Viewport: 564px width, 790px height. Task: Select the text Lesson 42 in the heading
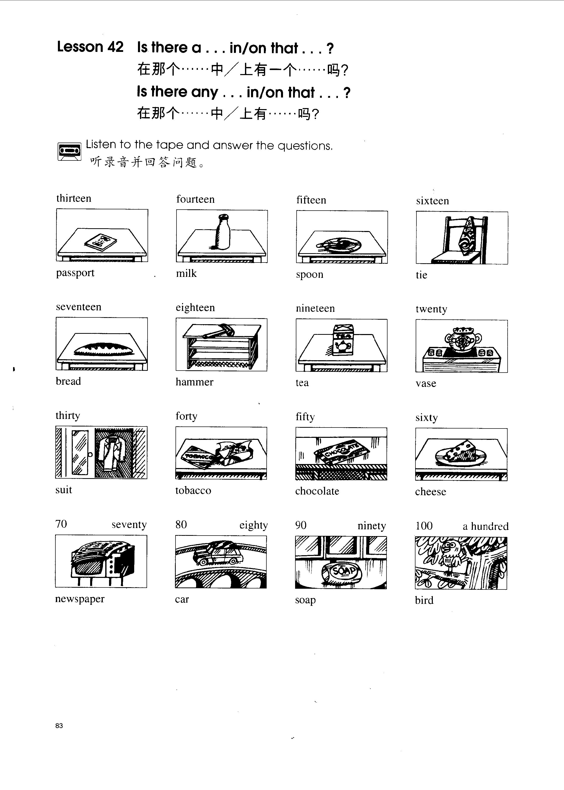(x=90, y=47)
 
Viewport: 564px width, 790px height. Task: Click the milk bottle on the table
(x=222, y=232)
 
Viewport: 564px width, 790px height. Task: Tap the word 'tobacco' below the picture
(x=193, y=490)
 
